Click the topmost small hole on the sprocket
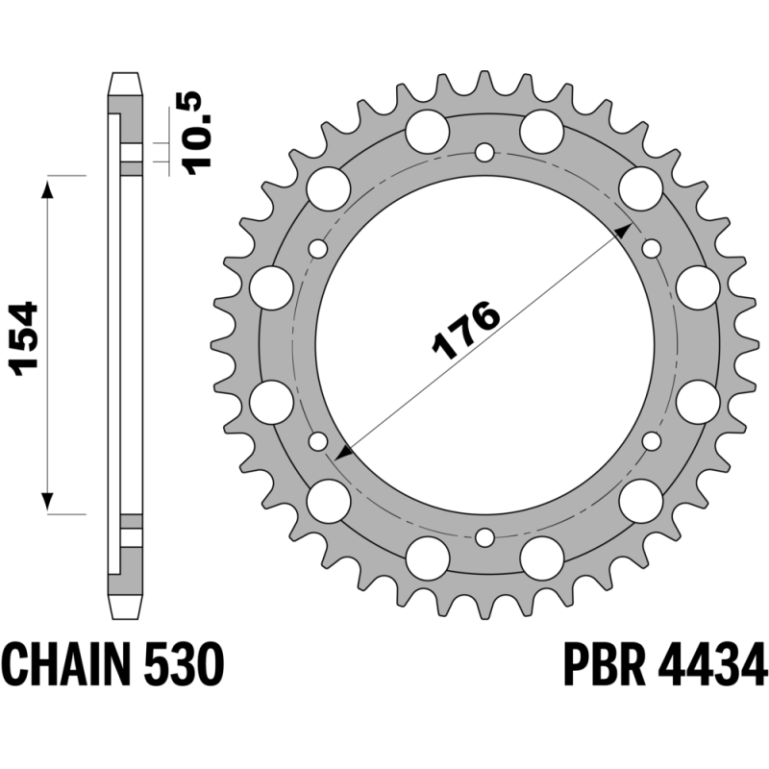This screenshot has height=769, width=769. [x=485, y=151]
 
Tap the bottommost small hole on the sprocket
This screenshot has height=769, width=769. [x=485, y=535]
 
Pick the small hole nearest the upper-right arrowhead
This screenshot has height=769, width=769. [x=652, y=248]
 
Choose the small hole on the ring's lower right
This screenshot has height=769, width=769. [x=652, y=440]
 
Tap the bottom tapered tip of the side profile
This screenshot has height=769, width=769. [x=124, y=607]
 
